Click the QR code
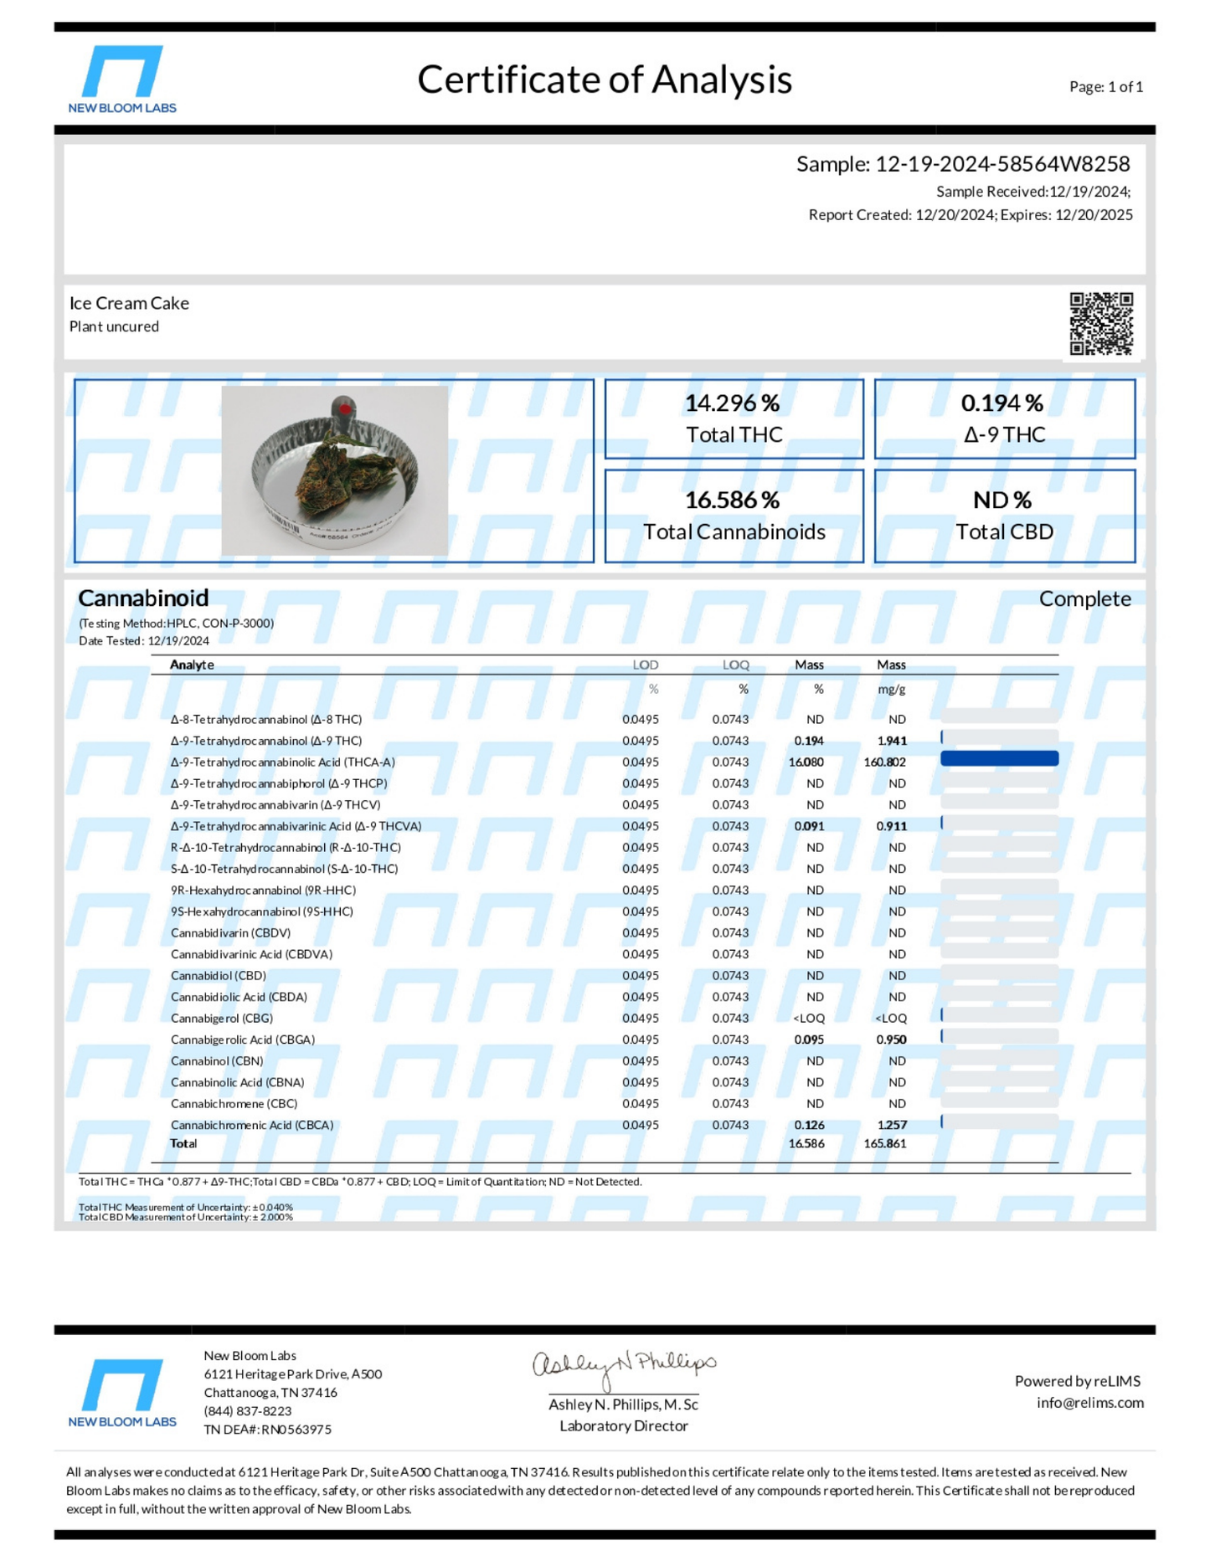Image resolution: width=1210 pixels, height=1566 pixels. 1101,323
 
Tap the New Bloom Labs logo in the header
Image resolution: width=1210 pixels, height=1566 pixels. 122,79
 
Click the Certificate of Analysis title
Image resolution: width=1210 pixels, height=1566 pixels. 604,80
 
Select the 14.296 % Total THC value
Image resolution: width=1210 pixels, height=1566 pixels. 733,403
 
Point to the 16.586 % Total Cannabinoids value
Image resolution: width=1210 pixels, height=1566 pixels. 733,501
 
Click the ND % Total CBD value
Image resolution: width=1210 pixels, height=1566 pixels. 1002,501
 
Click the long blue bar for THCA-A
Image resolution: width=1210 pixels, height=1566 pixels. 999,758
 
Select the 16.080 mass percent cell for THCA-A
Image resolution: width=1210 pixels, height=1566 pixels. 806,762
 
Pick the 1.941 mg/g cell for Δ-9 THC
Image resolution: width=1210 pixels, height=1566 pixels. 892,741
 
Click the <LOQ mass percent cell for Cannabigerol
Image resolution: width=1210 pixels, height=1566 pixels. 809,1019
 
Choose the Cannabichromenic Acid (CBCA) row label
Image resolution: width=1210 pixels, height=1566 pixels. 252,1125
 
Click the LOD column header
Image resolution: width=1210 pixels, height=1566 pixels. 645,665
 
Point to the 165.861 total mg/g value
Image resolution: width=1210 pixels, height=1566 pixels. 885,1143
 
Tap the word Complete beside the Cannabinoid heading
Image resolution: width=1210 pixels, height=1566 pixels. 1084,599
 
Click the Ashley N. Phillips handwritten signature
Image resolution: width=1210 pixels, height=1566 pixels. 624,1366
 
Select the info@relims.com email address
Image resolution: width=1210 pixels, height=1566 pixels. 1089,1403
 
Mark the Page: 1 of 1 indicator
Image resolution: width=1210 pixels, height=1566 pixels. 1105,87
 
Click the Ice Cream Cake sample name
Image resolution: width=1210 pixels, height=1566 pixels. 129,303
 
